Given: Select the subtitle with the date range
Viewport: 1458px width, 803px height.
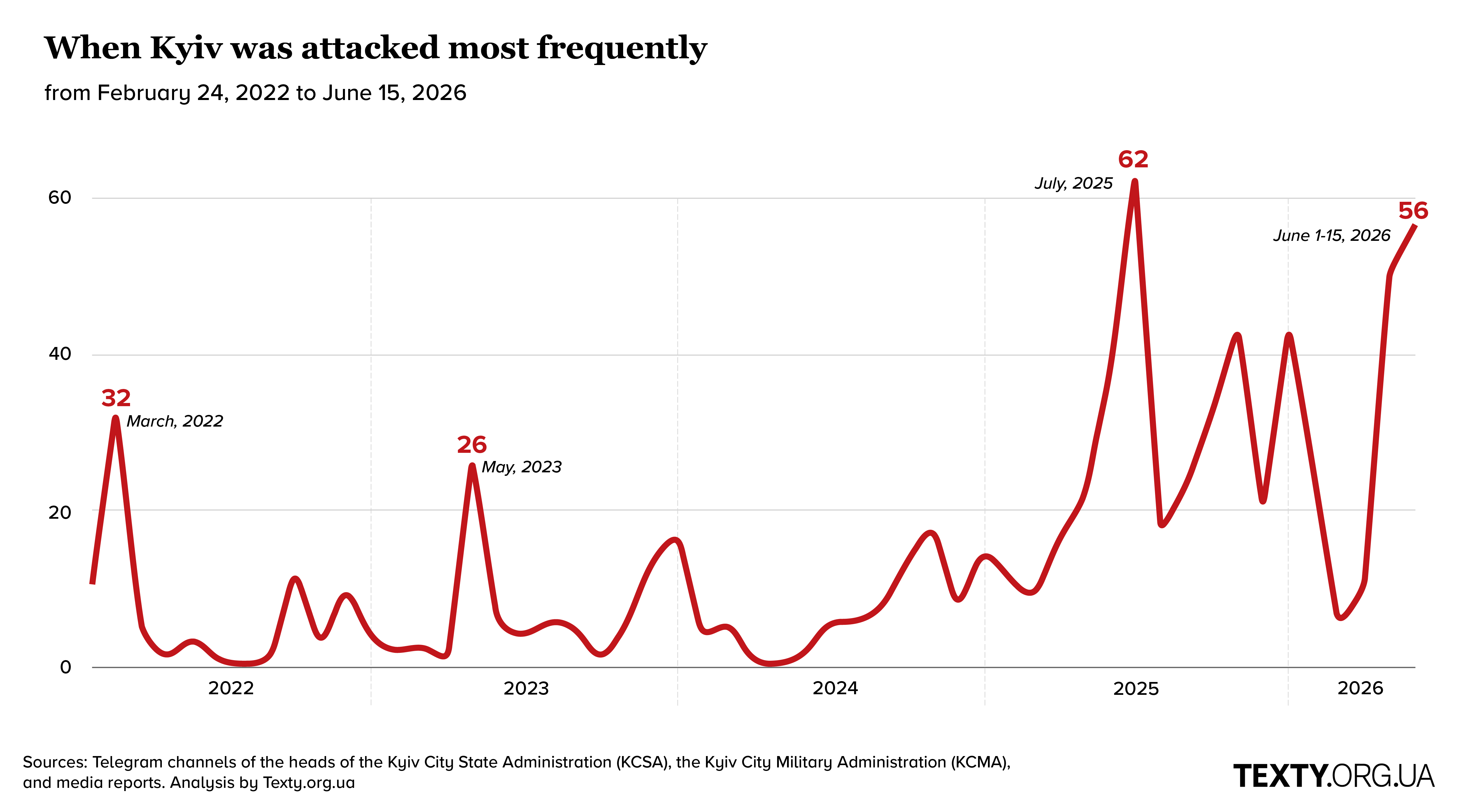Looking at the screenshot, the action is [x=255, y=93].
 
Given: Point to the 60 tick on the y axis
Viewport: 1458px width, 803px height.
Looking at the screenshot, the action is [x=59, y=197].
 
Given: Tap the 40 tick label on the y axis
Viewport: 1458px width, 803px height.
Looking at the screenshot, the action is [x=59, y=354].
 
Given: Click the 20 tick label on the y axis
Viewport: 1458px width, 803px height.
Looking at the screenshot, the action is [x=59, y=512].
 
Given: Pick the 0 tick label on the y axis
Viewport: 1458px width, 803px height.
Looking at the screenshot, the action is [x=66, y=667].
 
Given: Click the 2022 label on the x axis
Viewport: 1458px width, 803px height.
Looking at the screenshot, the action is [x=231, y=688].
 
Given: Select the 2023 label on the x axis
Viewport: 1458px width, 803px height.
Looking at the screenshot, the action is [x=526, y=688].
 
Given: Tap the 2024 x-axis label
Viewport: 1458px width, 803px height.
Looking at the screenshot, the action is [x=835, y=688].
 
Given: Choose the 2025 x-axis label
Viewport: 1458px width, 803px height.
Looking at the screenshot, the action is [x=1136, y=688].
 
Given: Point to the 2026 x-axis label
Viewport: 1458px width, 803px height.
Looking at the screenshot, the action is [x=1360, y=688].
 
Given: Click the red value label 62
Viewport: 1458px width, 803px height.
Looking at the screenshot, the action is [x=1133, y=159].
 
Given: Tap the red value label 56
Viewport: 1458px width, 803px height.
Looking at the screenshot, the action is [x=1413, y=211].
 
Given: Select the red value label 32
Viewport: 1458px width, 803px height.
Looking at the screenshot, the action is [x=116, y=398].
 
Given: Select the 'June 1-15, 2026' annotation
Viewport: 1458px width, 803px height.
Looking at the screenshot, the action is [x=1332, y=235].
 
